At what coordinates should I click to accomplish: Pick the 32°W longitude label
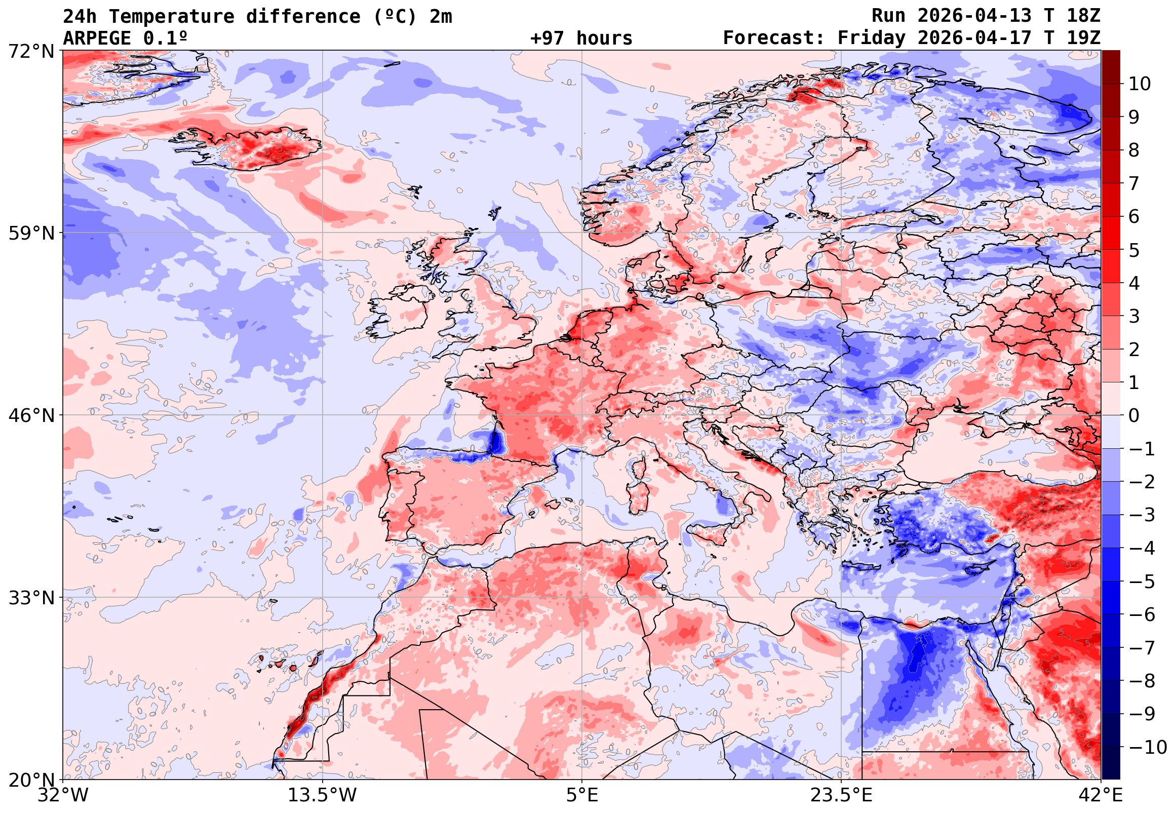(x=63, y=795)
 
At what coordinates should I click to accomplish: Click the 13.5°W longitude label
(x=323, y=795)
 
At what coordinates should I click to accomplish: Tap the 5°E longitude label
(x=582, y=795)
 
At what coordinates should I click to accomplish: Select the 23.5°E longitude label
(x=841, y=795)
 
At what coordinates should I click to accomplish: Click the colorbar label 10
(x=1140, y=84)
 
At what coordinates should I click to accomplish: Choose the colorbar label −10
(x=1148, y=747)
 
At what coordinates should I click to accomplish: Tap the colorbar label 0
(x=1134, y=416)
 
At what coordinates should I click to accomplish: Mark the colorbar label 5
(x=1134, y=250)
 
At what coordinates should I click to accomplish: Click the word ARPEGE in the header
(x=97, y=38)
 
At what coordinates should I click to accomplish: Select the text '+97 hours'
(x=581, y=38)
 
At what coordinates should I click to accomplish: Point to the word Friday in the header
(x=872, y=38)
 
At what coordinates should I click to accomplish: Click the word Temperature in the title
(x=172, y=17)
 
